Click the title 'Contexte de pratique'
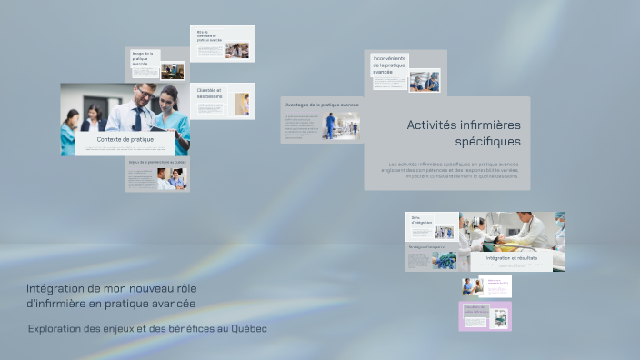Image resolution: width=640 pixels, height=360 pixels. pyautogui.click(x=125, y=140)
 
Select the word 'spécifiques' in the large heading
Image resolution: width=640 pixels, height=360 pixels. pyautogui.click(x=488, y=142)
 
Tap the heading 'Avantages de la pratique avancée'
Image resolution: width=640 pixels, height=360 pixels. pyautogui.click(x=321, y=105)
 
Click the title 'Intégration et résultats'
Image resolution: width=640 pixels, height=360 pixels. pyautogui.click(x=511, y=258)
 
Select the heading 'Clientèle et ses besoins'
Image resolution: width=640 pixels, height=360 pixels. pyautogui.click(x=210, y=94)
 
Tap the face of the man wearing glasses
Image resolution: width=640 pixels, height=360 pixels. pyautogui.click(x=144, y=95)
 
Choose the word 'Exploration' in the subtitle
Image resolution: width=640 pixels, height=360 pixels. pyautogui.click(x=58, y=328)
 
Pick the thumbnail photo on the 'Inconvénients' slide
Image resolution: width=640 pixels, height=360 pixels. pyautogui.click(x=424, y=81)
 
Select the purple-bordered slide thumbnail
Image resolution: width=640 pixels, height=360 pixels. pyautogui.click(x=485, y=316)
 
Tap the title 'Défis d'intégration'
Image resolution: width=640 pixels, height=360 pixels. pyautogui.click(x=421, y=220)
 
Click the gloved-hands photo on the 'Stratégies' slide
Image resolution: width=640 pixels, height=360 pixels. pyautogui.click(x=444, y=260)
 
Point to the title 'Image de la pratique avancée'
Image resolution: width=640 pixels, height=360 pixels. pyautogui.click(x=143, y=59)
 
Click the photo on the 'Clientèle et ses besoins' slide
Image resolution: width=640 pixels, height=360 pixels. pyautogui.click(x=241, y=104)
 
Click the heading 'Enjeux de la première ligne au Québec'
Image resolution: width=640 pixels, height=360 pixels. pyautogui.click(x=157, y=163)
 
